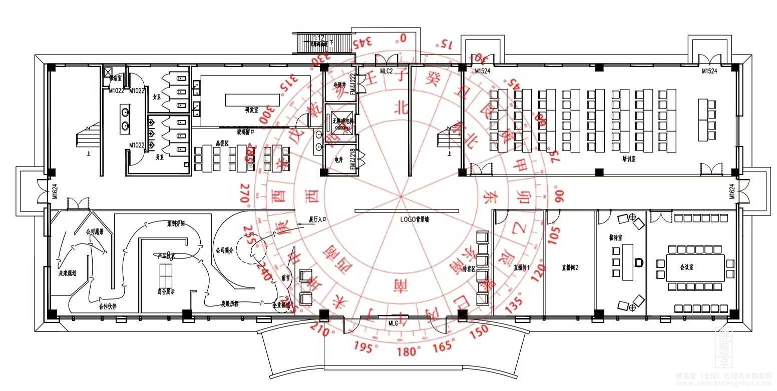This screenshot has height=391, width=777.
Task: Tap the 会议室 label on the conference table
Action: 686,267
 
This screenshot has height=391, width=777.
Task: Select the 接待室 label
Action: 615,237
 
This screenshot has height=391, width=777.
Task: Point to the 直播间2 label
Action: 570,267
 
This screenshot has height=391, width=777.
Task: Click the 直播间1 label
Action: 521,267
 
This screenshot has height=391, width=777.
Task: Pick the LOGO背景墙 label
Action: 415,219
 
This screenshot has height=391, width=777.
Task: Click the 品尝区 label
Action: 222,143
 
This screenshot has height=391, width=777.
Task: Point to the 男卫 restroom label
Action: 160,157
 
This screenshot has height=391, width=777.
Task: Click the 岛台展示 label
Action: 166,292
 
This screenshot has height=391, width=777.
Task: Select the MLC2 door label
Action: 386,71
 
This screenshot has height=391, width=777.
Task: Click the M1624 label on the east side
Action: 732,191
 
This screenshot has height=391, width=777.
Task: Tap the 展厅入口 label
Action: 317,219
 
